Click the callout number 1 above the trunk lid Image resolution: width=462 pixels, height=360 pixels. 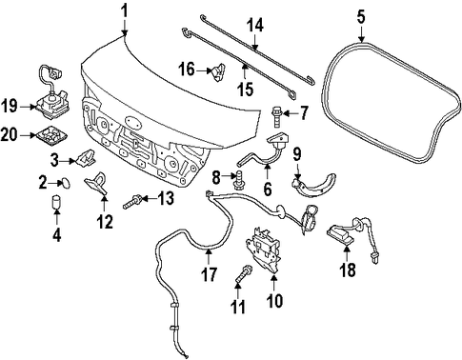click(125, 11)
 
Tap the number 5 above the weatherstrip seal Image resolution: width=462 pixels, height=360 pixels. click(361, 16)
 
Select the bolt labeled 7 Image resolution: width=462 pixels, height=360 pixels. click(276, 116)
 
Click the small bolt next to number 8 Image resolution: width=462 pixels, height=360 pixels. click(238, 181)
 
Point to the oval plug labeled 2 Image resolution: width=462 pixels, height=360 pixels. click(66, 183)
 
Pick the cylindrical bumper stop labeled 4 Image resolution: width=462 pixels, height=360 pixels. click(56, 202)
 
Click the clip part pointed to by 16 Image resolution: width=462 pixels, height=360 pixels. click(217, 72)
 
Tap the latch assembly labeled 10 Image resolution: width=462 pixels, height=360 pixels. click(263, 250)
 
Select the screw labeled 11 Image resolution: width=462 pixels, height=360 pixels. click(244, 272)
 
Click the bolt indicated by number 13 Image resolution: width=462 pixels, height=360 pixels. click(132, 203)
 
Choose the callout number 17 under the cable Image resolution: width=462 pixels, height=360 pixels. click(209, 274)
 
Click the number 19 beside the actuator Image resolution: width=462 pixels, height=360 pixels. click(9, 106)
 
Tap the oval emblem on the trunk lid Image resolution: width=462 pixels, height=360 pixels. click(133, 122)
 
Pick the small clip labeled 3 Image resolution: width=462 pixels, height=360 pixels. click(85, 157)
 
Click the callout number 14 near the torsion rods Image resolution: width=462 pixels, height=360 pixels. click(255, 26)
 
